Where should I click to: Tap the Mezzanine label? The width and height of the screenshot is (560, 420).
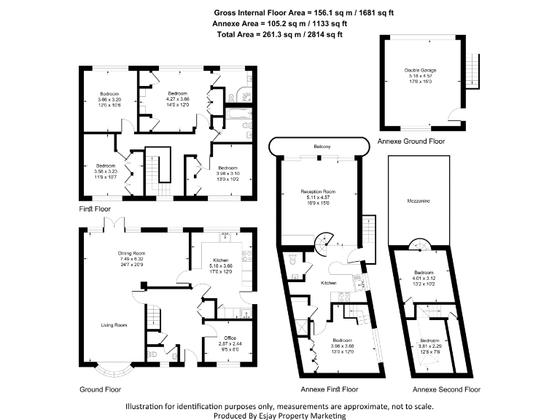[417, 200]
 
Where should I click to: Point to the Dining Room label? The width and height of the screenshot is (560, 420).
[133, 253]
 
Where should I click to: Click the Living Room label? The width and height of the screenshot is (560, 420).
[115, 324]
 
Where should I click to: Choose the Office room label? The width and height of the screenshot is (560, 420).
[229, 337]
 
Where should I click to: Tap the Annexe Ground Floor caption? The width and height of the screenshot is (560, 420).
[411, 141]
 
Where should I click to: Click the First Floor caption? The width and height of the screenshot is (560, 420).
[95, 209]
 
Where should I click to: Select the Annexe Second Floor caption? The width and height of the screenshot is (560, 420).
[446, 389]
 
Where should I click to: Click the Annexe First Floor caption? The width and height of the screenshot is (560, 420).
[330, 389]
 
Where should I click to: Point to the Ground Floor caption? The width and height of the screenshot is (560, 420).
[99, 389]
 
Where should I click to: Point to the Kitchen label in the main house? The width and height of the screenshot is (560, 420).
[221, 260]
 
